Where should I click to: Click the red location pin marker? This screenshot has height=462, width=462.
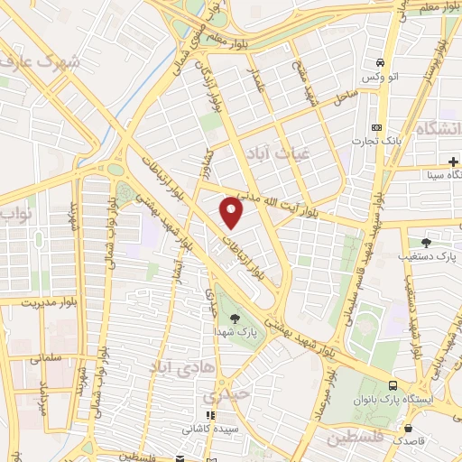point(232,214)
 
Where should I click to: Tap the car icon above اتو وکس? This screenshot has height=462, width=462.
point(381,63)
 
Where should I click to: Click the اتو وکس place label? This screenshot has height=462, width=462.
point(381,79)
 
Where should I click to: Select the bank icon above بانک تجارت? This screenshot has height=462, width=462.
point(377,127)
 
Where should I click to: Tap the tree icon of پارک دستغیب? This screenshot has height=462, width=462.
point(426,242)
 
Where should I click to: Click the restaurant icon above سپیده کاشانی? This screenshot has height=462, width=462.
point(200,417)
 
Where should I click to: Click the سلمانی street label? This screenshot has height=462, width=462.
point(40,358)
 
